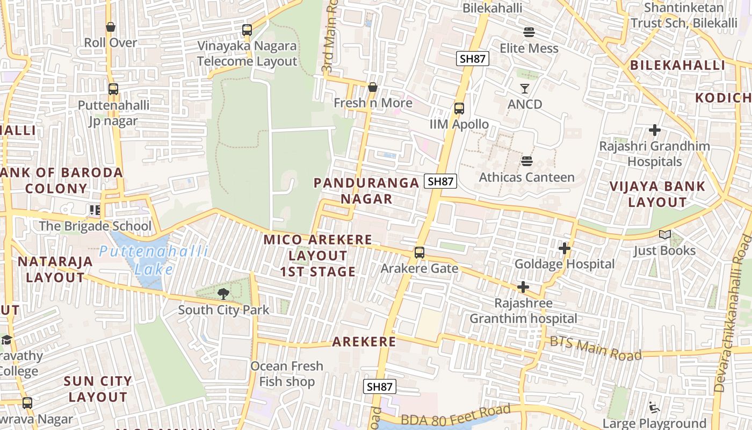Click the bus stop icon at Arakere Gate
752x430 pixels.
(x=419, y=252)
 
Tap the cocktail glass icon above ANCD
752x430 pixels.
(x=525, y=89)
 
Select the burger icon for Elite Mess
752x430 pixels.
(x=529, y=32)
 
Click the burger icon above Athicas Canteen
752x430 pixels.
(x=526, y=161)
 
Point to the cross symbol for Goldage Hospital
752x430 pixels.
(x=564, y=248)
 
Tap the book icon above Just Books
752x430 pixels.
(x=664, y=235)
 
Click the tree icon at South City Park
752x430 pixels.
(x=223, y=294)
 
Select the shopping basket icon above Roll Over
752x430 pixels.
(x=111, y=27)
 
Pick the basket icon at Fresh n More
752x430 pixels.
(x=373, y=87)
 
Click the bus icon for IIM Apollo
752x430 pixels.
(x=459, y=109)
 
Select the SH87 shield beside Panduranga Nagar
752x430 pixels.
(x=440, y=182)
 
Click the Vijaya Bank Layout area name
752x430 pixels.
(x=657, y=194)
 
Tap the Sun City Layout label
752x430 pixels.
(x=98, y=389)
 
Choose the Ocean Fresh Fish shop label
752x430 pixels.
(x=287, y=374)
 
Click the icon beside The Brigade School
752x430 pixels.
(x=95, y=210)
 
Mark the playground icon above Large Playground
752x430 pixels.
(x=654, y=408)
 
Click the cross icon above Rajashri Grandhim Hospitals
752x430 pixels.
(x=654, y=130)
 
